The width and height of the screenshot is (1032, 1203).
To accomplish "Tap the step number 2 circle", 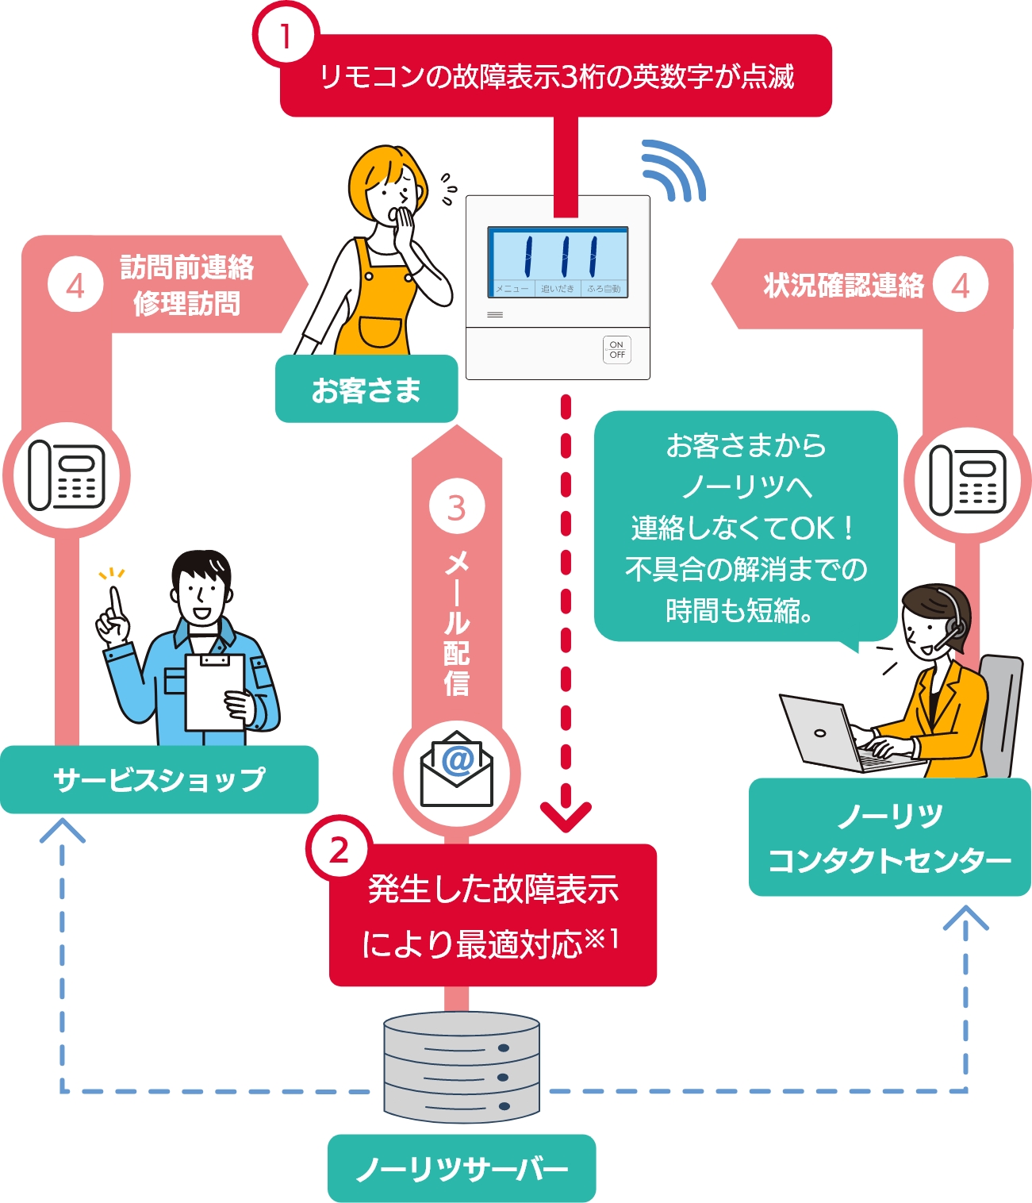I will (339, 851).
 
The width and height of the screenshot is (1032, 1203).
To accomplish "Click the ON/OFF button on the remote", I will (616, 350).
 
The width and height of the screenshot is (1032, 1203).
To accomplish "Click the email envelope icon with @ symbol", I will (456, 770).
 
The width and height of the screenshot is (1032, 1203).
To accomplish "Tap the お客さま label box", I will (366, 390).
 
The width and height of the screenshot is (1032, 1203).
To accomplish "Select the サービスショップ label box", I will (159, 779).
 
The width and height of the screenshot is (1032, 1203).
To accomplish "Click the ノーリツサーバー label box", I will (461, 1168).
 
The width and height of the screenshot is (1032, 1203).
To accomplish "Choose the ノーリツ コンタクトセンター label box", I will (889, 837).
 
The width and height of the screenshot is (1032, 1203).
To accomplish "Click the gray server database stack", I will (461, 1067).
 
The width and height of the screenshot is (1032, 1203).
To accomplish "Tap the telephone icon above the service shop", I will (67, 475).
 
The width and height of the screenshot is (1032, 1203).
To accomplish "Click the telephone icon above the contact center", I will (968, 479).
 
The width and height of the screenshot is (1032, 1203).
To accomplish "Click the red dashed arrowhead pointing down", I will (566, 817).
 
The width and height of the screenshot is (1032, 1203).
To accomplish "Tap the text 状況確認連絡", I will (843, 285).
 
